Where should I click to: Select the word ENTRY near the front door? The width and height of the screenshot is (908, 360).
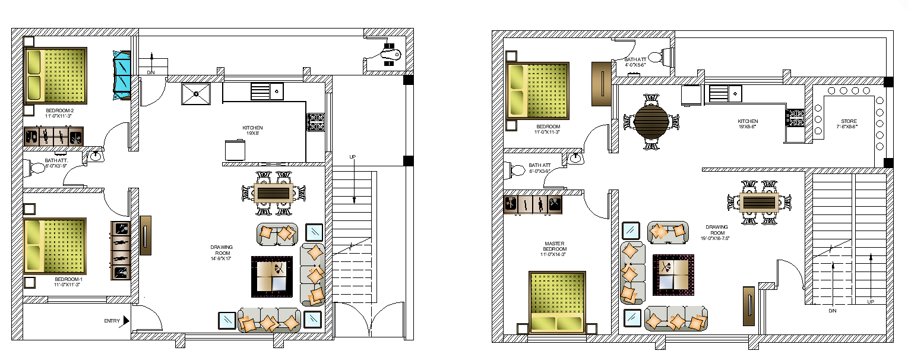coord(112,321)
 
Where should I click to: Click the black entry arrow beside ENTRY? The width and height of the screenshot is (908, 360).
coord(126,321)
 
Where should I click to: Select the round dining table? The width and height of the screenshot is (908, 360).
coord(651,121)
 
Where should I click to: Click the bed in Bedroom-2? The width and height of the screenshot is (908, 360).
coord(55,76)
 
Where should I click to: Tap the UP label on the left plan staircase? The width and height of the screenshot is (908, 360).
coord(353,157)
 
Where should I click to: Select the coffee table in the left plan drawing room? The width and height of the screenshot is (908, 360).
coord(272,276)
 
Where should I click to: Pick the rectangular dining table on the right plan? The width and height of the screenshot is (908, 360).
coord(759,202)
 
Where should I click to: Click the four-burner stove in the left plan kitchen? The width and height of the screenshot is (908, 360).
coord(315,122)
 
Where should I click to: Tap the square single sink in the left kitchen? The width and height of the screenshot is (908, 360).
coord(195,94)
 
